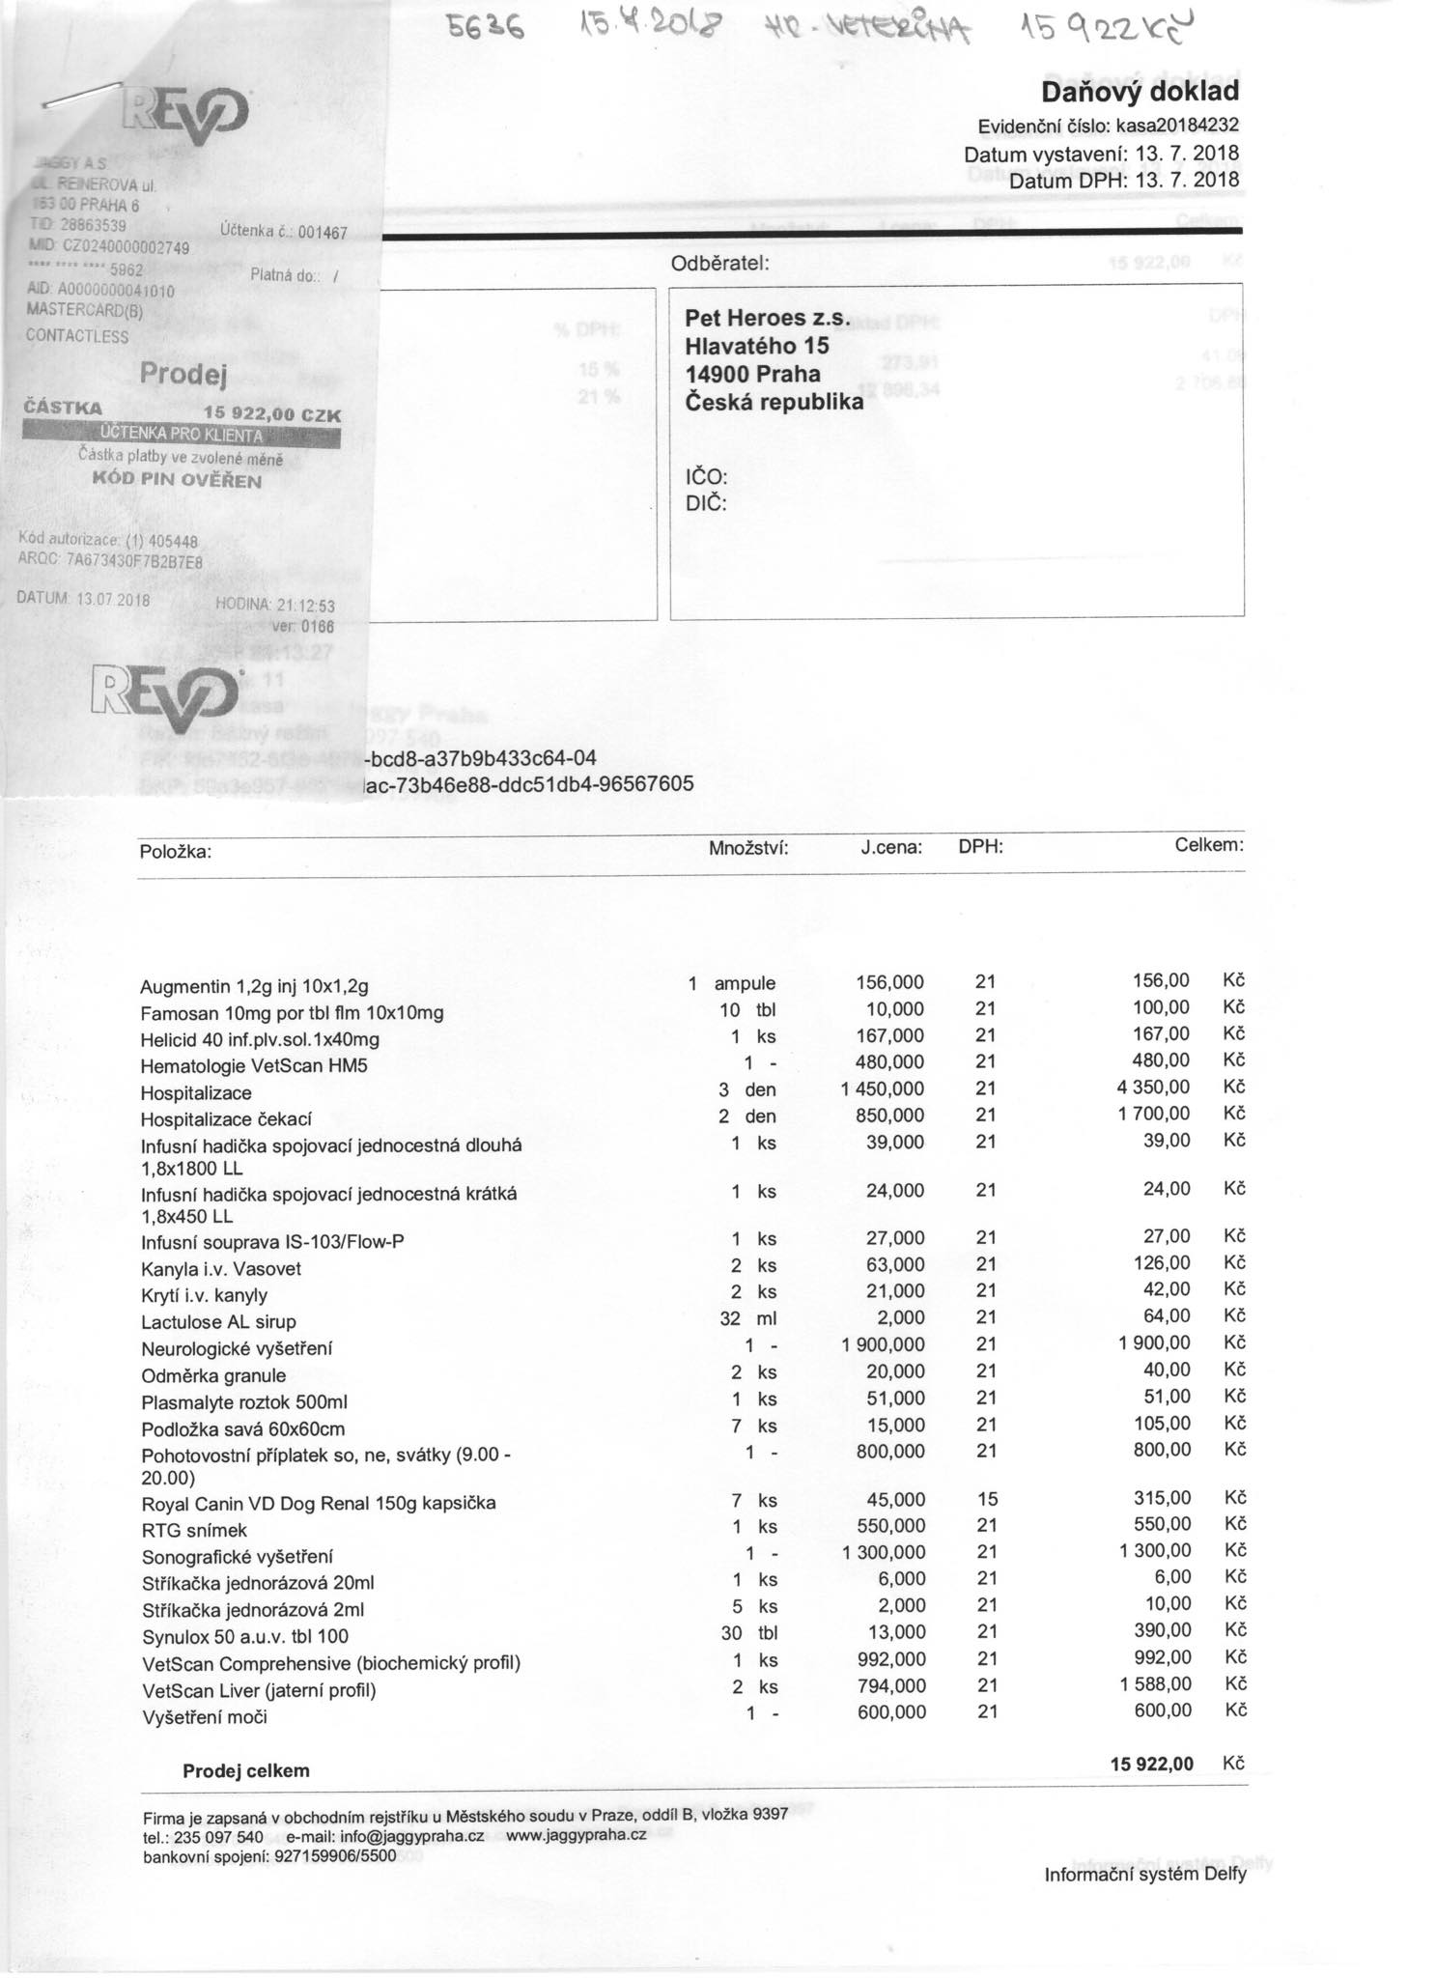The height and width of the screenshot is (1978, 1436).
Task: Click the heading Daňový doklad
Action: pos(1140,92)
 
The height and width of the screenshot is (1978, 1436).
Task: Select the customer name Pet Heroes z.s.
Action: pos(767,319)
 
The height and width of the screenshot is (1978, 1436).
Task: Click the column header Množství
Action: pos(748,849)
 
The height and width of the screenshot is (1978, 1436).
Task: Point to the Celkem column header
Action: pos(1208,846)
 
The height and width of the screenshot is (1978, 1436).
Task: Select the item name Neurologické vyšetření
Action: pos(237,1348)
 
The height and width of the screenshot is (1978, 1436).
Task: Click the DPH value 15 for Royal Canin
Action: pos(987,1499)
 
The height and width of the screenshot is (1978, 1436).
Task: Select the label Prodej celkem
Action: pos(246,1770)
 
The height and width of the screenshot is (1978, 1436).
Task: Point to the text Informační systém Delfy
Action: pos(1144,1875)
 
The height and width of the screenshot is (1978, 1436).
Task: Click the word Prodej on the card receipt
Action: pos(183,373)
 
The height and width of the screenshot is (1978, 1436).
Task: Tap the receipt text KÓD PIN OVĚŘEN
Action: pos(176,480)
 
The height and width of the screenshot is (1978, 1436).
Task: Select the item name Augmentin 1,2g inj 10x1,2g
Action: pos(254,987)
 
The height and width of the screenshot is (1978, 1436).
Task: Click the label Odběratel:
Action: pos(719,263)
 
